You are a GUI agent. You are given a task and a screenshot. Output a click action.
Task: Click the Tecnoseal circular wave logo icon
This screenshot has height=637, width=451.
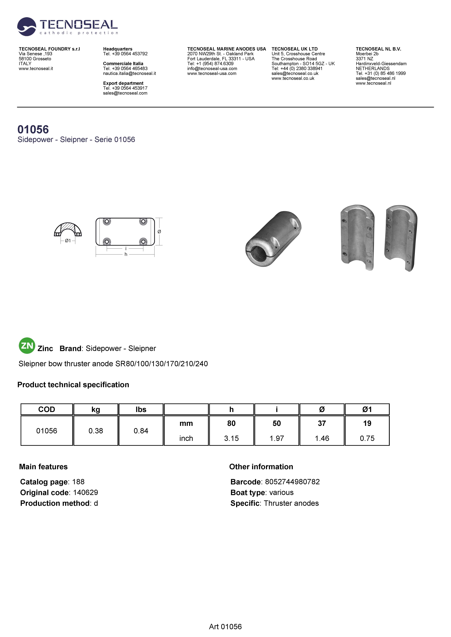[26, 27]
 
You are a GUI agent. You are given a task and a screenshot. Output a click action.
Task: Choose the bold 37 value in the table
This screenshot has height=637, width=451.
[322, 423]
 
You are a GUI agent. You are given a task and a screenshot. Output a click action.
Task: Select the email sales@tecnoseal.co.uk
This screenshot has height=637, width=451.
[295, 73]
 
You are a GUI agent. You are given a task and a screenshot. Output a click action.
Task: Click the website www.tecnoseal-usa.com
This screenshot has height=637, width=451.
[212, 73]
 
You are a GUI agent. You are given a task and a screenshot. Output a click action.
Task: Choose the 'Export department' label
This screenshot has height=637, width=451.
[123, 83]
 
